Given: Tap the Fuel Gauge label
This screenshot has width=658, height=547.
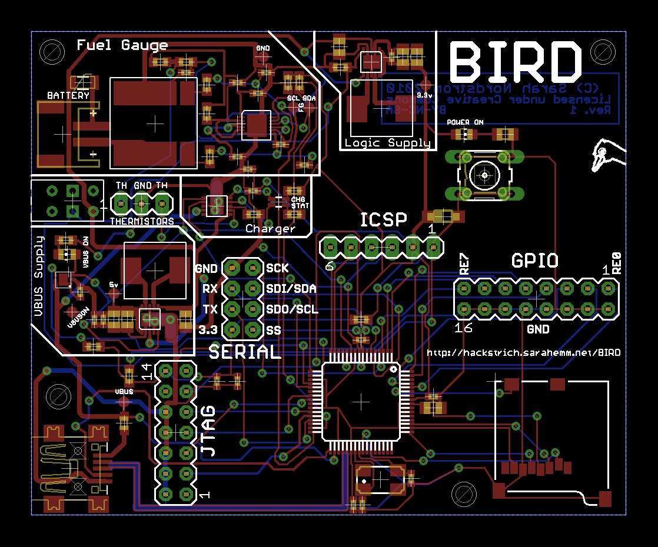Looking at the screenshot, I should tap(122, 45).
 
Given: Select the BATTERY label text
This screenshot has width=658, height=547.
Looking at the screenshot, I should tap(68, 95).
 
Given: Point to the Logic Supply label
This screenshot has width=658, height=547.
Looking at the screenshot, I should tap(387, 143).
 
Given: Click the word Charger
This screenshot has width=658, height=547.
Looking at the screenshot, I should tap(270, 228).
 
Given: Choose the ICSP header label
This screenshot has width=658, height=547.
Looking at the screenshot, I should tap(384, 220).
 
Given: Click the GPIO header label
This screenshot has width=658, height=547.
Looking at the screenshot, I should tap(534, 261).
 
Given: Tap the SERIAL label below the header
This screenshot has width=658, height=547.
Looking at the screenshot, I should tap(245, 352).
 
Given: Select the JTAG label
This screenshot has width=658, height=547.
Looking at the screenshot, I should tap(208, 432).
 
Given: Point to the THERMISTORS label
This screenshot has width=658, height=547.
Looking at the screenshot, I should tap(142, 222).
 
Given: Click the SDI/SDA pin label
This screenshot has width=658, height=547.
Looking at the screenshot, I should tap(291, 289).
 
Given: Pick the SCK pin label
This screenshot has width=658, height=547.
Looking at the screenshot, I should tap(277, 268).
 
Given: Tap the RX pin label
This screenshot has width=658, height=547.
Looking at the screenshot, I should tap(210, 289).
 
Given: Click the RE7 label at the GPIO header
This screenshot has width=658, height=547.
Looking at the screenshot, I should tap(464, 264).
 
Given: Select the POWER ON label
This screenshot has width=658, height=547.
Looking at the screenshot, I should tap(465, 122).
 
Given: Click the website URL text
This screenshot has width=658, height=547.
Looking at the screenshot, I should tap(523, 353).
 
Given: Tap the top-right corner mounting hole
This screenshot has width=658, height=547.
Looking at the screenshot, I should tap(601, 50).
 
